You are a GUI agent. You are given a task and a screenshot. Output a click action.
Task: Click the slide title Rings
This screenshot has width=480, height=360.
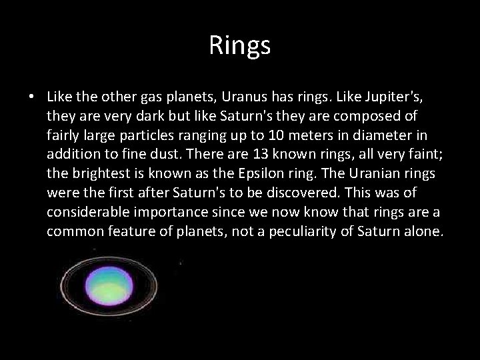pyautogui.click(x=239, y=45)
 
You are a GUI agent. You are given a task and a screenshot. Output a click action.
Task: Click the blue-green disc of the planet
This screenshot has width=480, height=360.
pyautogui.click(x=113, y=285)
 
